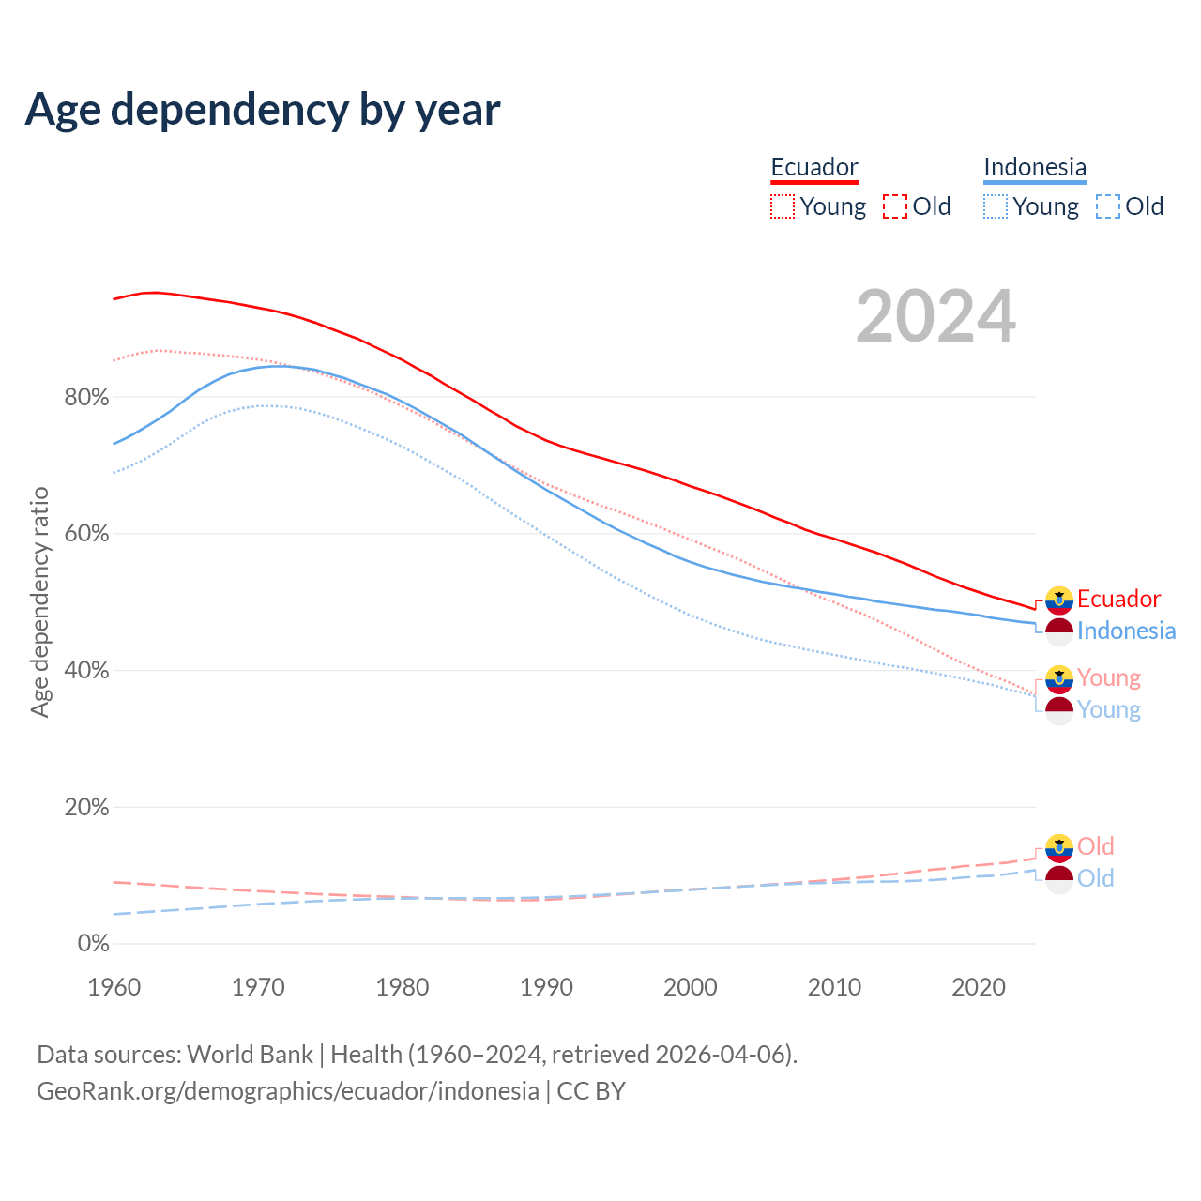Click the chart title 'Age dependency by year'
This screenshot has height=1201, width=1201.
pyautogui.click(x=263, y=110)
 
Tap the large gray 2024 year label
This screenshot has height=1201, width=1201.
pyautogui.click(x=935, y=316)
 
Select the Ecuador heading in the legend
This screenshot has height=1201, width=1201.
pyautogui.click(x=814, y=167)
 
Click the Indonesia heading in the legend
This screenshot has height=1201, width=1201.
pyautogui.click(x=1035, y=167)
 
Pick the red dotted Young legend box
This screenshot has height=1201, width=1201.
pyautogui.click(x=782, y=206)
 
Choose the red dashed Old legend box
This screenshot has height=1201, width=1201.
pyautogui.click(x=895, y=206)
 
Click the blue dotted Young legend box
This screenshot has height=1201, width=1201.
pyautogui.click(x=996, y=206)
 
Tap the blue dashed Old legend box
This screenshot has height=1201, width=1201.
pyautogui.click(x=1108, y=206)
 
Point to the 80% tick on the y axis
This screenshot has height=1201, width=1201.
pyautogui.click(x=86, y=398)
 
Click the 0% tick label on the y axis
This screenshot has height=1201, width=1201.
pyautogui.click(x=93, y=944)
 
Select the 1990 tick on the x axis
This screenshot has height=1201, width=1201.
pyautogui.click(x=546, y=987)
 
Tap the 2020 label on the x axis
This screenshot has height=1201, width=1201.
pyautogui.click(x=979, y=987)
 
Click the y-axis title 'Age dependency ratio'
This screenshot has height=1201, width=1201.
pyautogui.click(x=39, y=601)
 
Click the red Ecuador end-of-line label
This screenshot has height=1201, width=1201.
pyautogui.click(x=1118, y=599)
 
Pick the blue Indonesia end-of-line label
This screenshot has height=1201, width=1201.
pyautogui.click(x=1126, y=631)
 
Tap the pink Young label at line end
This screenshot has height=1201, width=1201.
pyautogui.click(x=1109, y=677)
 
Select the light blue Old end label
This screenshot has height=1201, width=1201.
pyautogui.click(x=1095, y=878)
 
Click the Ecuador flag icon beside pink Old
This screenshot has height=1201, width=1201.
pyautogui.click(x=1059, y=847)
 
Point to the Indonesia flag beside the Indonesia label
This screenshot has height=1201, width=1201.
pyautogui.click(x=1059, y=631)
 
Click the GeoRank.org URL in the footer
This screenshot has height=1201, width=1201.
pyautogui.click(x=288, y=1091)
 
